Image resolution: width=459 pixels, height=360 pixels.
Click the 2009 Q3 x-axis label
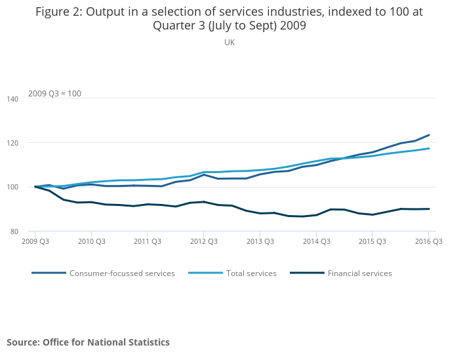[35, 241]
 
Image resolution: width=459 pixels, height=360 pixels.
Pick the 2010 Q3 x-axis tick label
[91, 241]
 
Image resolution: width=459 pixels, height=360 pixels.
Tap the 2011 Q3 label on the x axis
[147, 241]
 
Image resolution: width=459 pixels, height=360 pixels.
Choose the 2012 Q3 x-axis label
[203, 241]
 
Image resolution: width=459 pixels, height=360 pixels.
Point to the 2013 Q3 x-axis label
[260, 241]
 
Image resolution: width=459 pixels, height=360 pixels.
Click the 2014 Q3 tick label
[315, 241]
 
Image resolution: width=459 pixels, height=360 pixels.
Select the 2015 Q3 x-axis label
[372, 241]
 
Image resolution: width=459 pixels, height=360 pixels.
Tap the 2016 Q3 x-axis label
[428, 241]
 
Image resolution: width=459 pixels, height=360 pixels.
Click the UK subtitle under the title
[229, 43]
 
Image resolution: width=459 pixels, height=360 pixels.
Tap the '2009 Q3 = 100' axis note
[54, 93]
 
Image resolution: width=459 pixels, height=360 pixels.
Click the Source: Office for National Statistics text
[88, 342]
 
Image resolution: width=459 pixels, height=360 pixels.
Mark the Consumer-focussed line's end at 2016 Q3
[429, 135]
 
